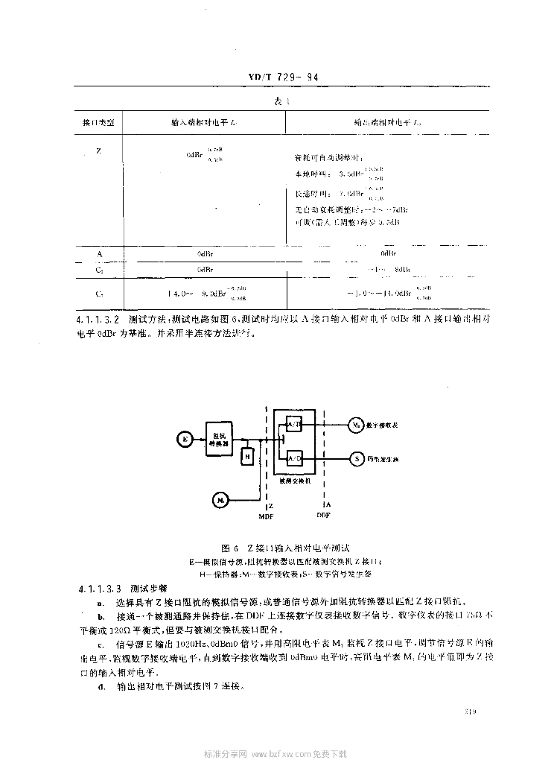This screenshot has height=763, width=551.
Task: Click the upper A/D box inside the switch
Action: (x=294, y=425)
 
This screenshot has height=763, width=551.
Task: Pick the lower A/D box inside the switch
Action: (x=294, y=458)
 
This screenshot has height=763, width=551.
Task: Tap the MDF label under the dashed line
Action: (x=265, y=515)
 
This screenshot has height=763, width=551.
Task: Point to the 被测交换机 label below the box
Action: (x=295, y=481)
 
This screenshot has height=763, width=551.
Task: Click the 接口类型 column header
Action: (x=98, y=120)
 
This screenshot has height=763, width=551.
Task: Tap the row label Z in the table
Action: (x=98, y=151)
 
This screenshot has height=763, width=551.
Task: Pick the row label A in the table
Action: (x=98, y=253)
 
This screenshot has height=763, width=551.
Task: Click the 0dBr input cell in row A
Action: (x=206, y=254)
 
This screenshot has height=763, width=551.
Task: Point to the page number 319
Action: (x=468, y=711)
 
